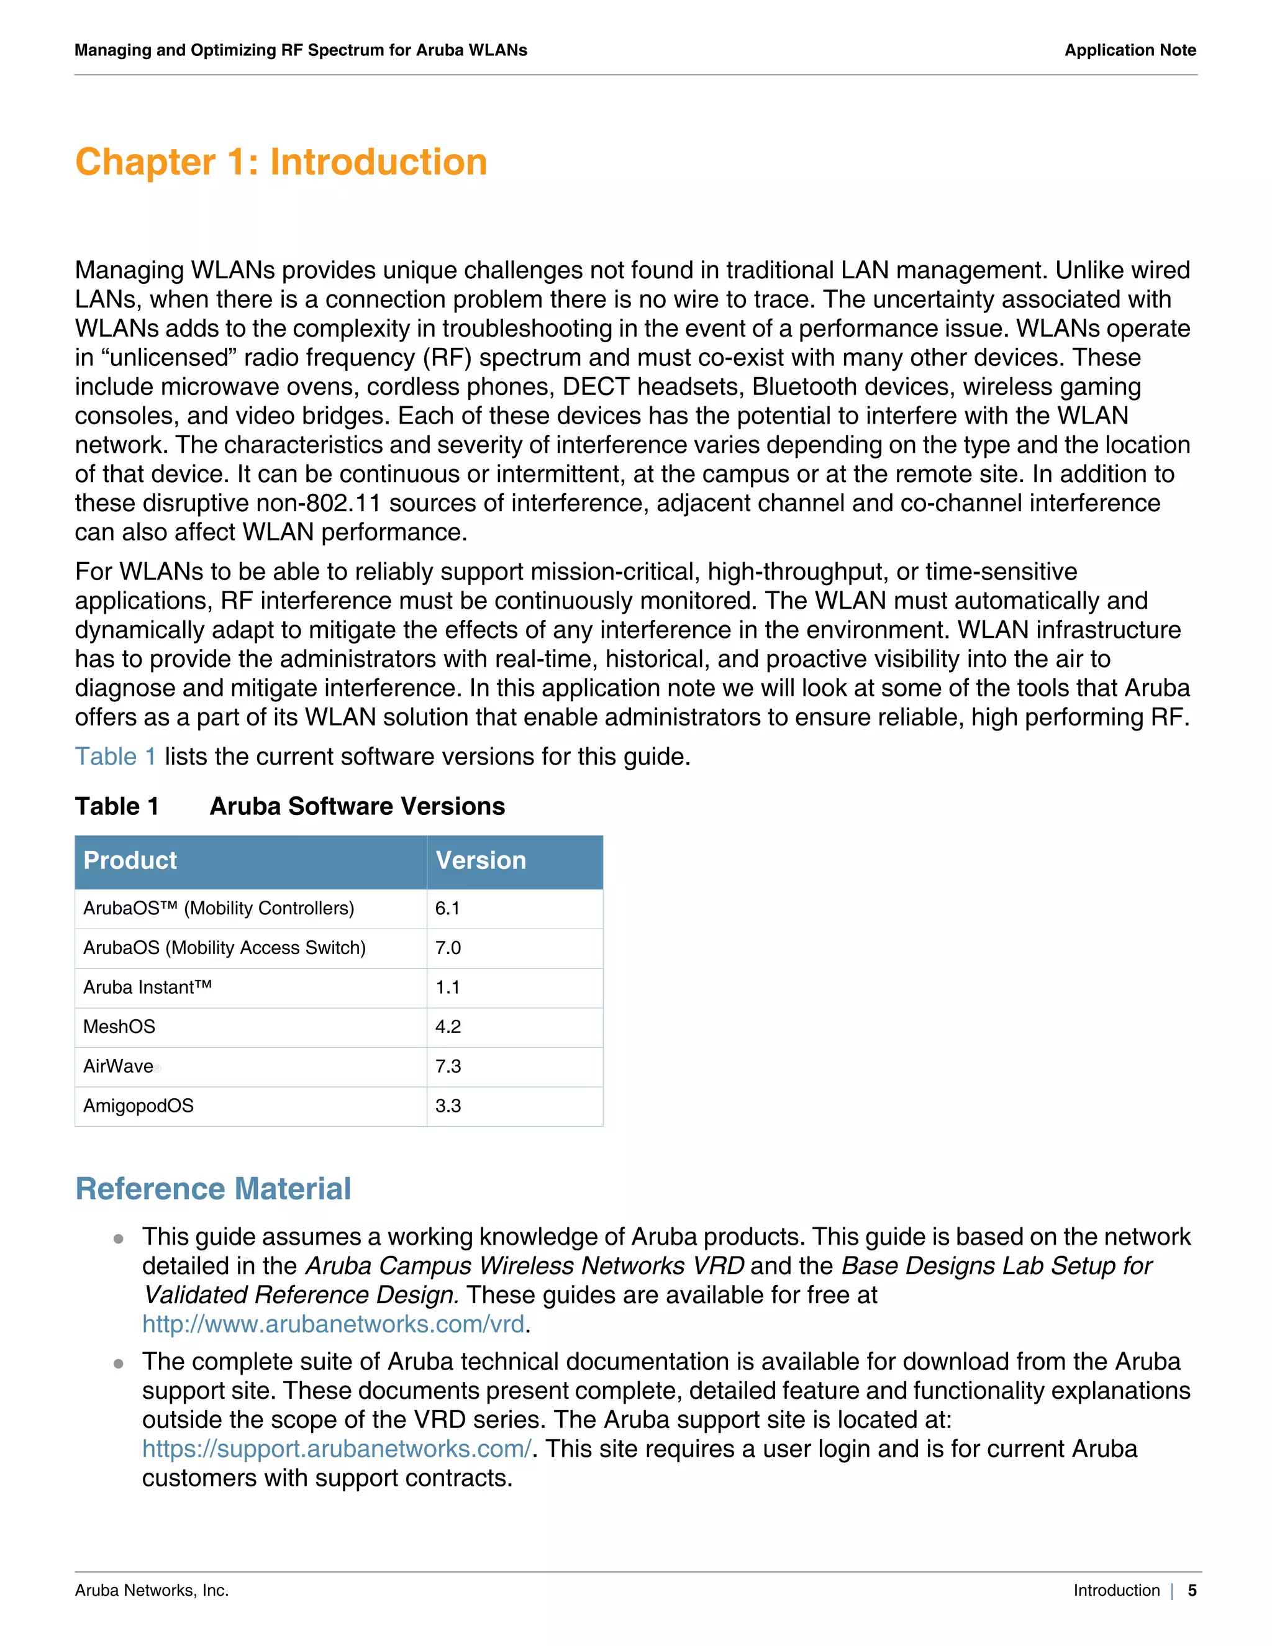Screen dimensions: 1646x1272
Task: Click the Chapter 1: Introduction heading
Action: tap(281, 162)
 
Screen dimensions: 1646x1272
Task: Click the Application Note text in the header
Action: tap(1130, 50)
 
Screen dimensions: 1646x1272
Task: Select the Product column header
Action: tap(130, 861)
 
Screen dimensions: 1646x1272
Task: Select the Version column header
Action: tap(481, 861)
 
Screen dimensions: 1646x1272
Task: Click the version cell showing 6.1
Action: tap(448, 908)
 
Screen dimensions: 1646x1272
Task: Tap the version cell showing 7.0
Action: tap(448, 948)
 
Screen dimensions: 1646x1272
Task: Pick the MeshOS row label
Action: tap(119, 1027)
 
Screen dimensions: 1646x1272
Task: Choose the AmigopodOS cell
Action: tap(139, 1106)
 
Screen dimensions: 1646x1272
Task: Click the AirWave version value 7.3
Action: tap(448, 1066)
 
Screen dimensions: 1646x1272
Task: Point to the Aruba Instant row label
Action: tap(148, 988)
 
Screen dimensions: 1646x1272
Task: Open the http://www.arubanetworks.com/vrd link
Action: tap(333, 1324)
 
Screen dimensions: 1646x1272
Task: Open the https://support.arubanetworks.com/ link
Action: tap(337, 1448)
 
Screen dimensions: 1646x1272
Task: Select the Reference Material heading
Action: tap(213, 1188)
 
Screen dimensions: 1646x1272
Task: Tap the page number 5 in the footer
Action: tap(1192, 1590)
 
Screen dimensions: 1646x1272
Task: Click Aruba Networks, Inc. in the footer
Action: tap(152, 1590)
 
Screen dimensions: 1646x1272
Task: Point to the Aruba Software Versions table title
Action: tap(357, 806)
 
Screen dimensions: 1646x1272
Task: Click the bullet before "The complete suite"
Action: tap(118, 1363)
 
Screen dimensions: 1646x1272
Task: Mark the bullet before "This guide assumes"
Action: tap(118, 1239)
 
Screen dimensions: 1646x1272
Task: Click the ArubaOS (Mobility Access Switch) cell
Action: tap(225, 948)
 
